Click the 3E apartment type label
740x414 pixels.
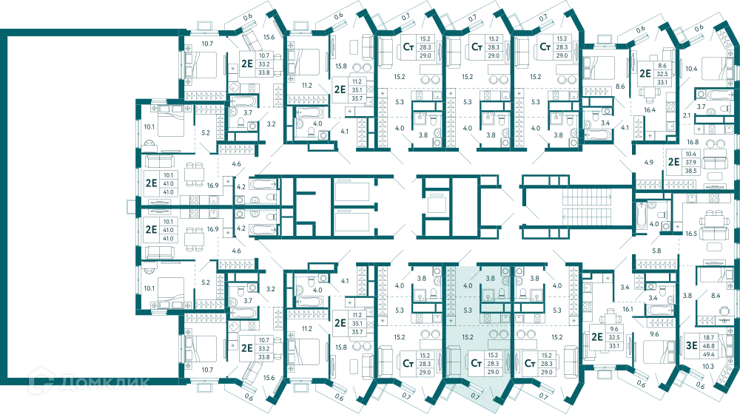[x=691, y=346]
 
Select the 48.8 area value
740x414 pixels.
[x=708, y=346]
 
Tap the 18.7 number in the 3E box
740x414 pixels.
[x=708, y=338]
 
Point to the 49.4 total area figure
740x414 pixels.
[x=708, y=354]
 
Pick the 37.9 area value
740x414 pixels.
[x=691, y=162]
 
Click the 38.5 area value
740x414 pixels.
[x=691, y=171]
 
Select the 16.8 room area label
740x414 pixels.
[x=693, y=142]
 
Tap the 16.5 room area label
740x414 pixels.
[x=691, y=234]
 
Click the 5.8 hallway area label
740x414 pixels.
[x=656, y=251]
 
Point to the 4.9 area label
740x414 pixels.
[x=649, y=162]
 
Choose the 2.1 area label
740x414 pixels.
[x=687, y=115]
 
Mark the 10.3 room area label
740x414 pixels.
[x=708, y=366]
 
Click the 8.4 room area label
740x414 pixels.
[x=716, y=296]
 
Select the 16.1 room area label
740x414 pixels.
[x=628, y=309]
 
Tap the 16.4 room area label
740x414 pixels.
[x=650, y=110]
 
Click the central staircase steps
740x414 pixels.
[x=587, y=207]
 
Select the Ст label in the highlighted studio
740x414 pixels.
[x=476, y=364]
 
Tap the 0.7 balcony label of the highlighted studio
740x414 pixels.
[x=475, y=396]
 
